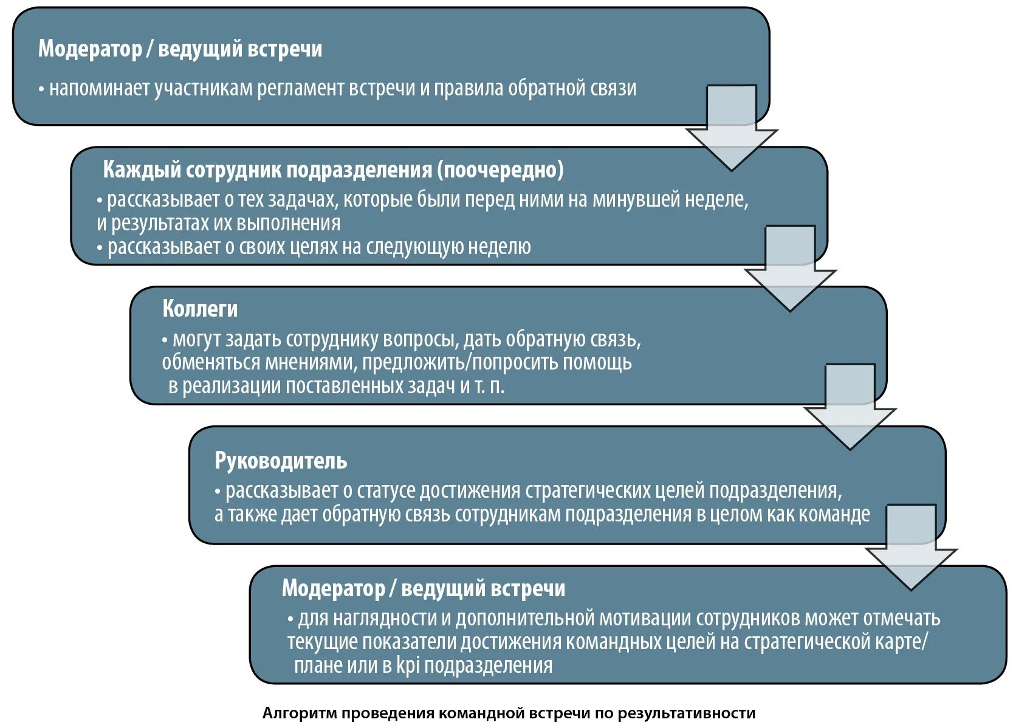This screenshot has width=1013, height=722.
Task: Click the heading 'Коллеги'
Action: point(200,309)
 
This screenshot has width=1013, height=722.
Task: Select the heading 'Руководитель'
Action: point(281,461)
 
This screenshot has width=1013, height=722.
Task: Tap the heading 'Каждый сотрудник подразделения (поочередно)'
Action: point(333,170)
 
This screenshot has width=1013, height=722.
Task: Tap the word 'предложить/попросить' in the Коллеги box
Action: point(462,362)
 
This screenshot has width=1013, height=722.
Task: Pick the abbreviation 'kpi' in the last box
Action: point(408,665)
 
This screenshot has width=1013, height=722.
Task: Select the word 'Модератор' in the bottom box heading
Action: point(333,588)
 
